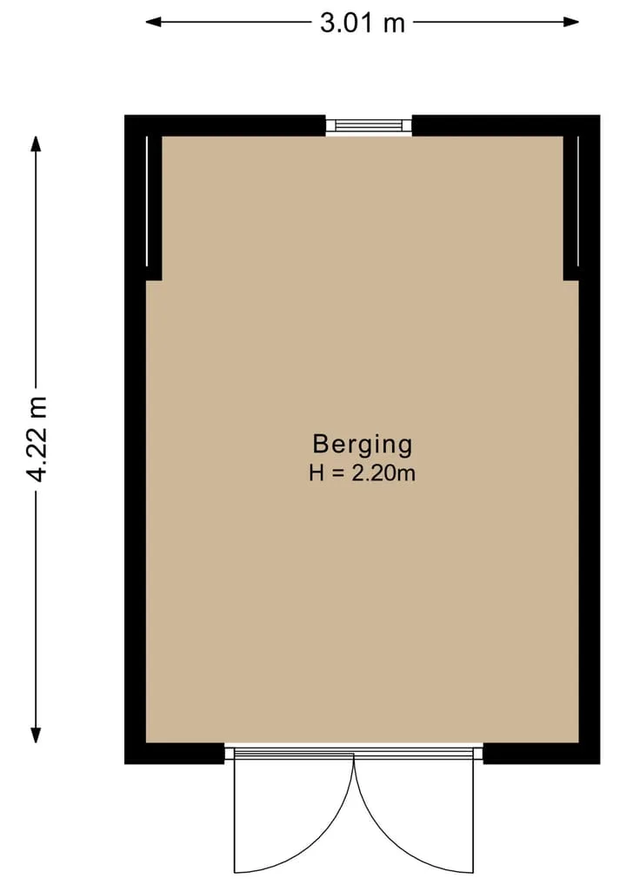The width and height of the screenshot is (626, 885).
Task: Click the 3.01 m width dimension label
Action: click(363, 23)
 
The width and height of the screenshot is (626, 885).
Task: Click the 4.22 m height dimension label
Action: click(37, 439)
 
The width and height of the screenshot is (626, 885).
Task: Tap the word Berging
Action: click(362, 446)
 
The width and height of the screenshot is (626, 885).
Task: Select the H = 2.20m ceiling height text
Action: click(362, 473)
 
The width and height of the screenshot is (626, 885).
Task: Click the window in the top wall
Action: click(369, 124)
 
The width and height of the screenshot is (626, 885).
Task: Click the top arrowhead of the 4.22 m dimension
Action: click(37, 144)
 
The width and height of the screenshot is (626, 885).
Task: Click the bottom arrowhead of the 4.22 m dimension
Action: click(37, 734)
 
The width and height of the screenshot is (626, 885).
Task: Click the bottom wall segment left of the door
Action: click(174, 754)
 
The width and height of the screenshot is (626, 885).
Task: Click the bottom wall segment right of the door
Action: click(542, 754)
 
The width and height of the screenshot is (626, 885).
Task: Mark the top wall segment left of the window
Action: click(225, 125)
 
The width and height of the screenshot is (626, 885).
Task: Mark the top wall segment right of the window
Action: click(506, 125)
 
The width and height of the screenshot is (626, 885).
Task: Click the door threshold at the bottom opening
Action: click(354, 750)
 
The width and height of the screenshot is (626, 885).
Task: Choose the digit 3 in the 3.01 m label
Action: click(328, 23)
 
